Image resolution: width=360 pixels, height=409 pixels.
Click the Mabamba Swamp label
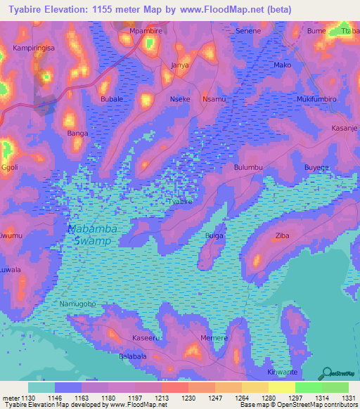point(93,235)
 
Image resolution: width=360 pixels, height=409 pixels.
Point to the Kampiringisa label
point(34,48)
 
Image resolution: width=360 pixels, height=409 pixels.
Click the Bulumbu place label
point(247,168)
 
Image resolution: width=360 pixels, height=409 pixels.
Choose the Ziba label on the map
point(283,235)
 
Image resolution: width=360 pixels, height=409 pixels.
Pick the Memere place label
point(214,338)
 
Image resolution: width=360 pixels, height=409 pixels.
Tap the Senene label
point(247,32)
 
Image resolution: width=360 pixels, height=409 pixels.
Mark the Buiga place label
point(214,235)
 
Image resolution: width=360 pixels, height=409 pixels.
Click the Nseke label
point(181,100)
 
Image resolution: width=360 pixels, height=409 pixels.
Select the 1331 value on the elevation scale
point(347,398)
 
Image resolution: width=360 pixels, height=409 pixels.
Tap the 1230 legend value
point(188,398)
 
